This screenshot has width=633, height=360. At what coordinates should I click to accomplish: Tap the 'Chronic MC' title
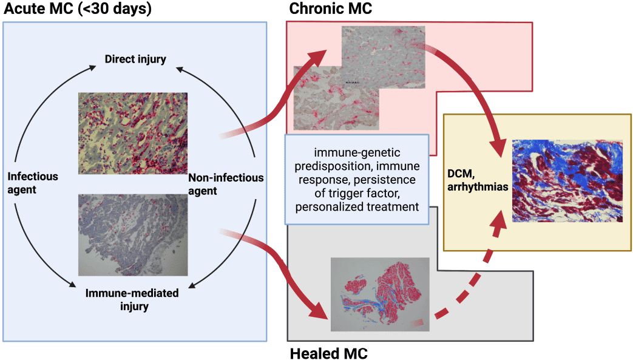(x=331, y=9)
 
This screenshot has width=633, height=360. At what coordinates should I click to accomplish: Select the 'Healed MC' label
(x=328, y=353)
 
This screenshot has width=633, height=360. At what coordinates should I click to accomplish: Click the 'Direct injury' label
(x=135, y=59)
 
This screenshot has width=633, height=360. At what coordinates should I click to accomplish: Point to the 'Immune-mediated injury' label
(x=132, y=300)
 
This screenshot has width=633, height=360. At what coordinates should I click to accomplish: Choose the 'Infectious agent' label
(x=33, y=183)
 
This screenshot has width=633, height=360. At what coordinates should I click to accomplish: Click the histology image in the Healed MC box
(x=380, y=294)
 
